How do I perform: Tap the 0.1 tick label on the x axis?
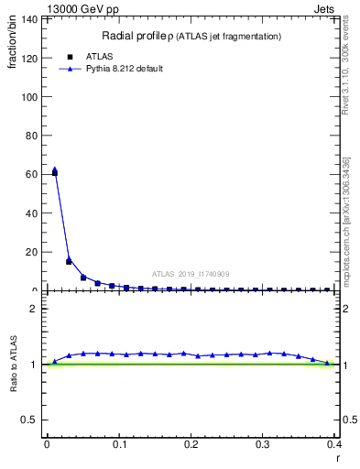coord(119,444)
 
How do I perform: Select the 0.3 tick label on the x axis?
coord(264,444)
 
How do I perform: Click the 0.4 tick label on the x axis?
coord(336,444)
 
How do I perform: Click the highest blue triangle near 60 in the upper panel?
coord(55,169)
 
